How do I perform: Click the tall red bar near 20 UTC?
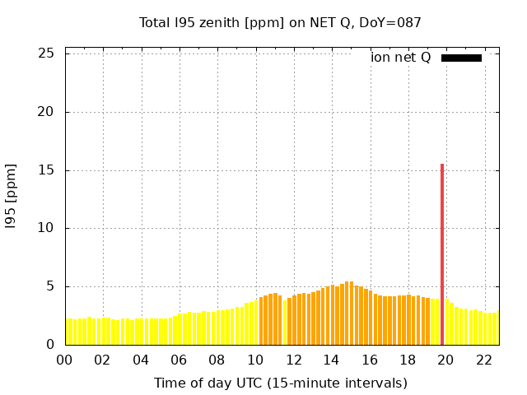(x=442, y=255)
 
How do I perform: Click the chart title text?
(x=280, y=22)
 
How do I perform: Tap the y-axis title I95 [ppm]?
(x=12, y=196)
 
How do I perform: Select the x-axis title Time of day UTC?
(x=280, y=383)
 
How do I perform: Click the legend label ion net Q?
(x=401, y=58)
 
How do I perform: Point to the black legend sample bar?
(x=461, y=58)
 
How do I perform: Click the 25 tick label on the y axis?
(x=47, y=53)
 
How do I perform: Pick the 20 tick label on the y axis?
(x=47, y=112)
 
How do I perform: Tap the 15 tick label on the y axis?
(x=47, y=170)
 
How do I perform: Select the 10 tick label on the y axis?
(x=47, y=228)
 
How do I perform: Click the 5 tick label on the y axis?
(x=51, y=286)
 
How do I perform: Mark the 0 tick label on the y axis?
(x=51, y=345)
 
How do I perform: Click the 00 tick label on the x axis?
(x=64, y=360)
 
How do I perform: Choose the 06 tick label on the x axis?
(x=179, y=360)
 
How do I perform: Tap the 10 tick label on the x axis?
(x=255, y=360)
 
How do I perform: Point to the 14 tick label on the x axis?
(x=331, y=360)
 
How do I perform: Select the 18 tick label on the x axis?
(x=408, y=360)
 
